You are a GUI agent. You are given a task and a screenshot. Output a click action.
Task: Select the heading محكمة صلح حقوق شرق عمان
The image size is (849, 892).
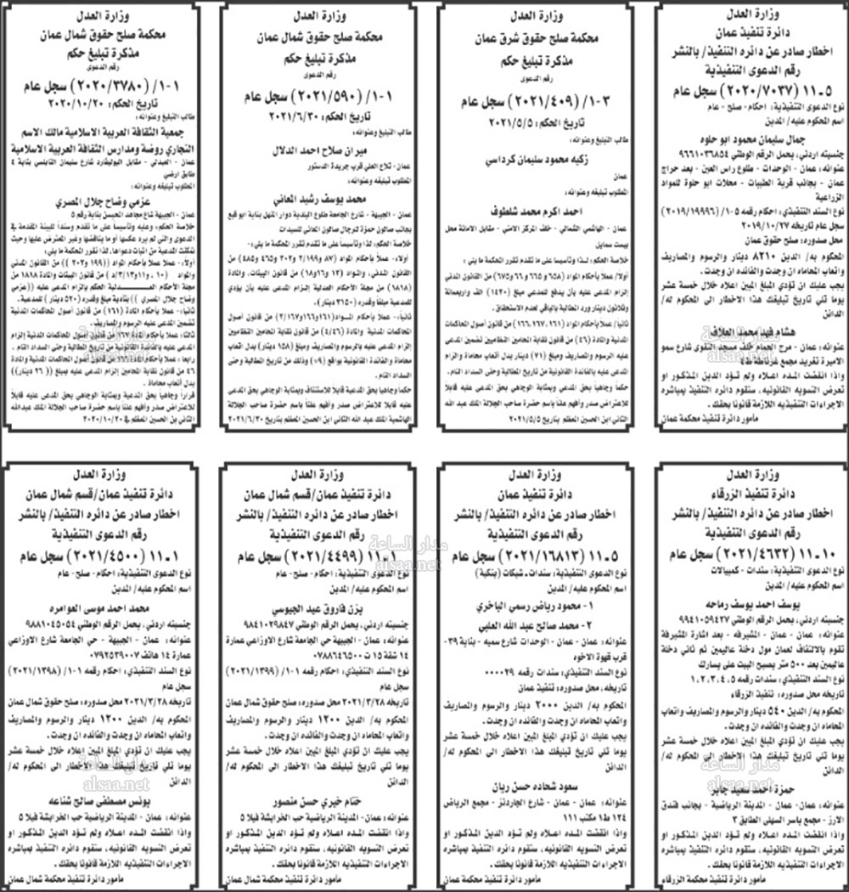pyautogui.click(x=536, y=39)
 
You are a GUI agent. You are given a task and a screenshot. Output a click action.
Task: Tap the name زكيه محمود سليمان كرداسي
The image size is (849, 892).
pyautogui.click(x=536, y=159)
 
